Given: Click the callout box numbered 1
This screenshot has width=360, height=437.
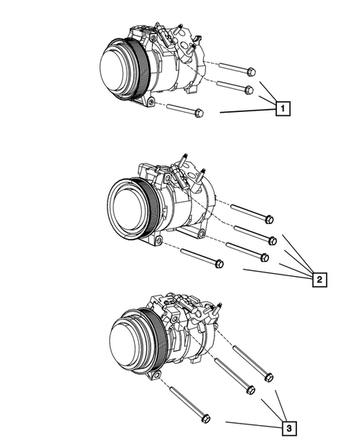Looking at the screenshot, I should point(282,109).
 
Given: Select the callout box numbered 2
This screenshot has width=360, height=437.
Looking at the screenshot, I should point(318,280).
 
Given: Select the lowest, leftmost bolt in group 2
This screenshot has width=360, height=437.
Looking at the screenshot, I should point(200,258).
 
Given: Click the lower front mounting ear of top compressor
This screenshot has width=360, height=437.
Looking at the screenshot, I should point(151,101).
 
